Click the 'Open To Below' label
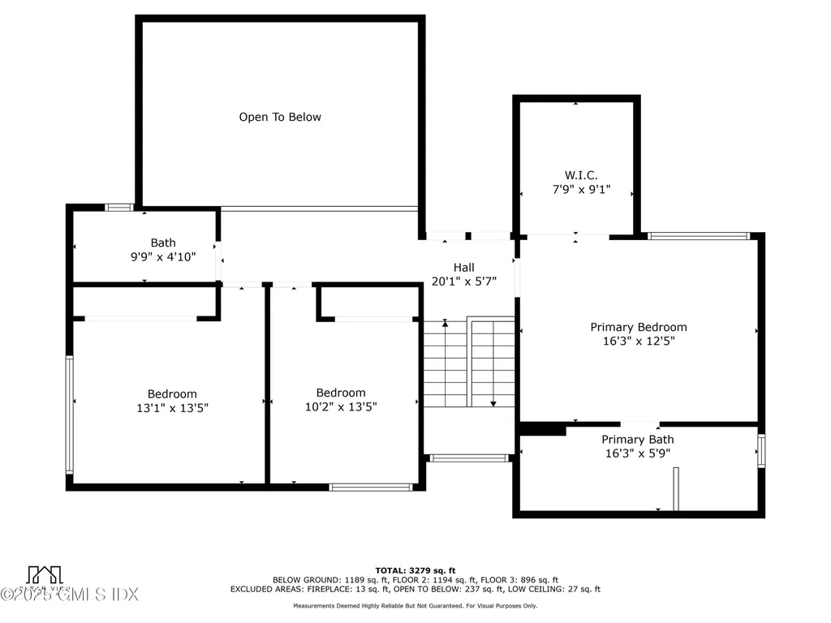click(280, 117)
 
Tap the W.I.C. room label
click(581, 175)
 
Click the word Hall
click(463, 267)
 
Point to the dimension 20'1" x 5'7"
click(463, 281)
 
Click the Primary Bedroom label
click(638, 327)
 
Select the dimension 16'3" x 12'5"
click(638, 342)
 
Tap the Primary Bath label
click(637, 439)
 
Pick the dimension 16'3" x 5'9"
click(637, 453)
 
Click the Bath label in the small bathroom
click(162, 243)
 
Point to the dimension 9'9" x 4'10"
click(162, 257)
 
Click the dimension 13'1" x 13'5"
click(172, 408)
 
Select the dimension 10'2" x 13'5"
click(341, 407)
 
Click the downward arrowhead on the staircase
click(493, 402)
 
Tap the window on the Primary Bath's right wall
click(761, 451)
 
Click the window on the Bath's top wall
click(119, 208)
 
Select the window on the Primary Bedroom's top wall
click(698, 236)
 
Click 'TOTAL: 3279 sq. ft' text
click(415, 569)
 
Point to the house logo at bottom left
click(45, 574)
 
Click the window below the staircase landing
click(469, 458)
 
